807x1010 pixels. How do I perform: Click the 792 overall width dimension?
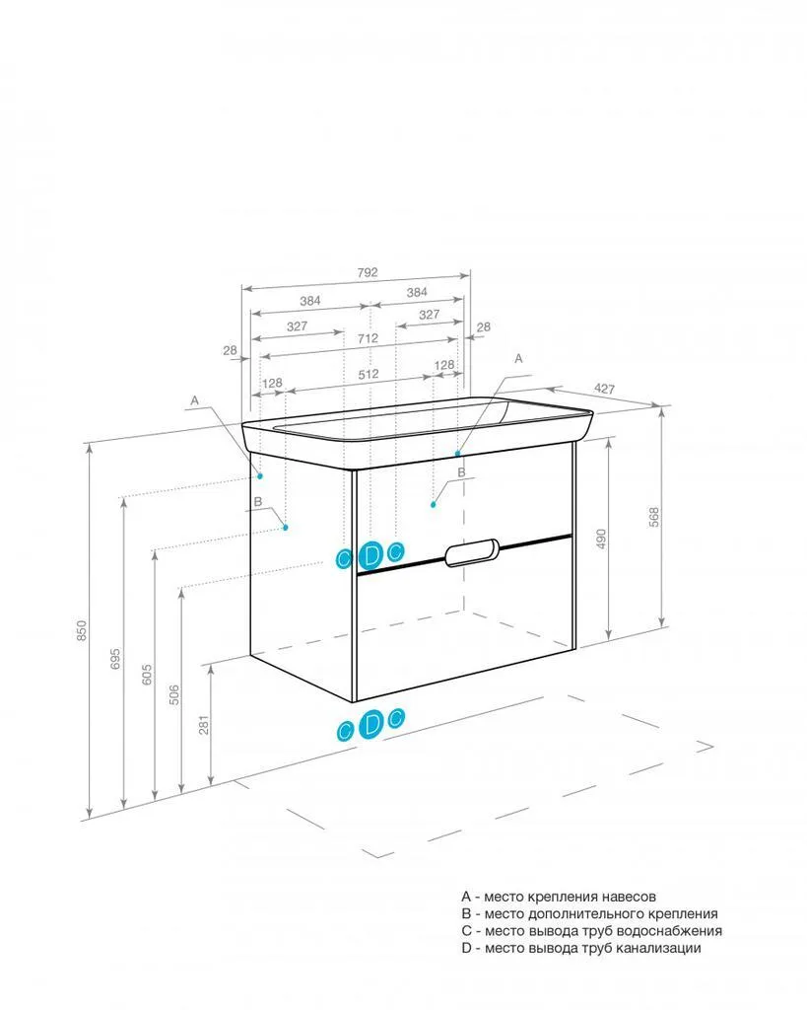coord(368,272)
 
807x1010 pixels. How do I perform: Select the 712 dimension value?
coord(369,338)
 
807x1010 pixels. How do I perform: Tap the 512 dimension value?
coord(369,374)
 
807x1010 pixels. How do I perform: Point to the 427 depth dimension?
coord(604,389)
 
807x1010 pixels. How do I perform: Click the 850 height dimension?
coord(82,630)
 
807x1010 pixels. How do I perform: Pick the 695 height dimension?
coord(115,658)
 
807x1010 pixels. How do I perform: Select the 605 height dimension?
coord(147,675)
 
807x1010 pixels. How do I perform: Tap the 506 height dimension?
coord(174,695)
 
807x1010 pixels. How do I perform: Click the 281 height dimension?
coord(204,725)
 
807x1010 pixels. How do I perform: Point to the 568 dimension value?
coord(654,517)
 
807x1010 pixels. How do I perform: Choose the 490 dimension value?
coord(602,540)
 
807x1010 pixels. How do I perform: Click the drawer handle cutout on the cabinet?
coord(471,552)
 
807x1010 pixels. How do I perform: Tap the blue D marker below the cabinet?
coord(370,724)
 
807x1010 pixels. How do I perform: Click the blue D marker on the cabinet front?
coord(370,554)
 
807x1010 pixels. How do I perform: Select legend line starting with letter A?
coord(559,896)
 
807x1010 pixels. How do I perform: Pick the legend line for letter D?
coord(581,948)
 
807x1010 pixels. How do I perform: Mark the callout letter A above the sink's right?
coord(518,359)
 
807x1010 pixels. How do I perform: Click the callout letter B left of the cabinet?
coord(258,502)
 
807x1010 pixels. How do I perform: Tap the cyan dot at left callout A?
coord(261,476)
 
